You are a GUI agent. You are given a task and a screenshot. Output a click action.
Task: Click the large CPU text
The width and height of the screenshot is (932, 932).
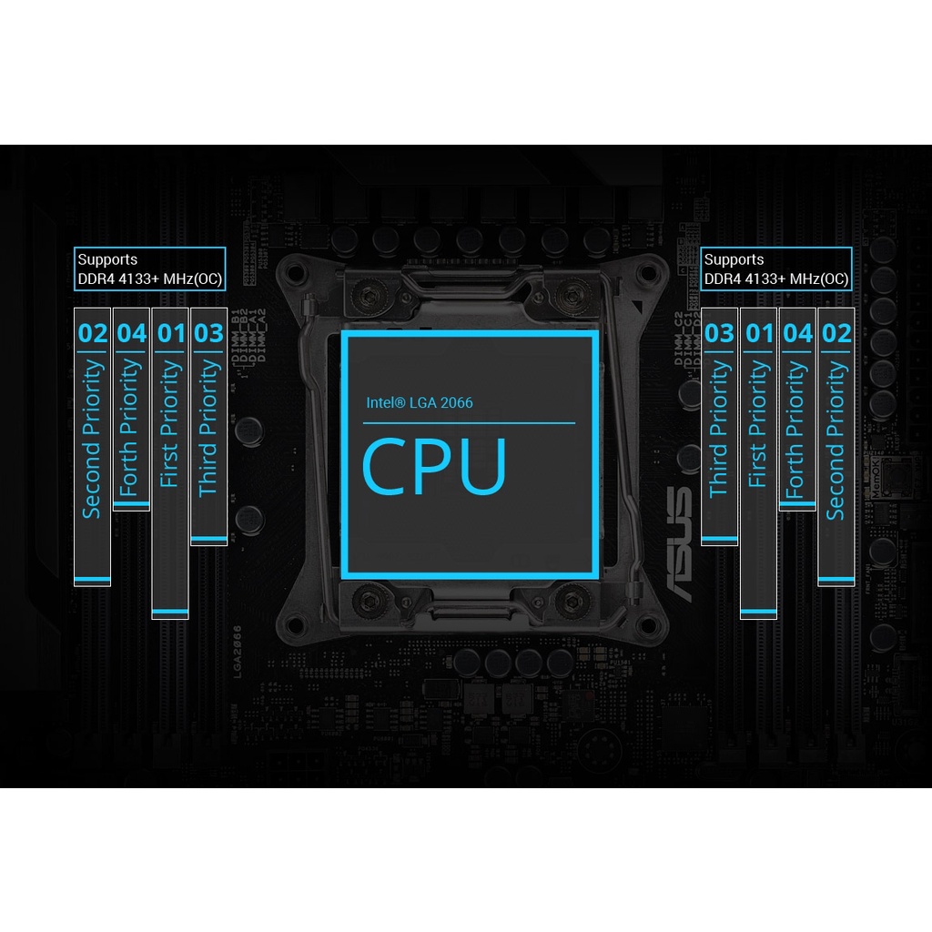(x=434, y=467)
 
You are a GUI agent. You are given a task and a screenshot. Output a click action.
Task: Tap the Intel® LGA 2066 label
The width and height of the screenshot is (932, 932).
(x=420, y=402)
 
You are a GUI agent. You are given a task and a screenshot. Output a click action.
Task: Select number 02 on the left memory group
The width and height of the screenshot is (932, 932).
(x=93, y=333)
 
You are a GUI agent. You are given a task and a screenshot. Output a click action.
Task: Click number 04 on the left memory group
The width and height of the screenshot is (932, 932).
(x=132, y=333)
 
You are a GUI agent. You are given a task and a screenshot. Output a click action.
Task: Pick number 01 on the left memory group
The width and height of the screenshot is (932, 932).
(x=171, y=333)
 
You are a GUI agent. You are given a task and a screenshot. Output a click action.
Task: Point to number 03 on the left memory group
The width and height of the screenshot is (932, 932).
(x=209, y=333)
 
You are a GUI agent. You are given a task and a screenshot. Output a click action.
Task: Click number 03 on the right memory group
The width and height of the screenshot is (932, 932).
(x=719, y=333)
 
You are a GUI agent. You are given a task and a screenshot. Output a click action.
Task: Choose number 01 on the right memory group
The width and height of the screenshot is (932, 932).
(x=758, y=333)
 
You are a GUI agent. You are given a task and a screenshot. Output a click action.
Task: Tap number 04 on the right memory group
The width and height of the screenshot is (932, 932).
(x=797, y=333)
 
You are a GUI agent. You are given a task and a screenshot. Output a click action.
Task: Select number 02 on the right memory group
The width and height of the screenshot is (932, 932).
(x=836, y=333)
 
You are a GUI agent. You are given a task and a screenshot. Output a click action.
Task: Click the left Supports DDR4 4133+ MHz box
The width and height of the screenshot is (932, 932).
(x=150, y=269)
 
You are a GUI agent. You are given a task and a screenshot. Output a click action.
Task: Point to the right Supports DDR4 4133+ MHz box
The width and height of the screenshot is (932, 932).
(x=776, y=269)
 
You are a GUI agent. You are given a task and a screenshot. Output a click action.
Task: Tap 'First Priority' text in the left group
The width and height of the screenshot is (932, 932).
(x=170, y=423)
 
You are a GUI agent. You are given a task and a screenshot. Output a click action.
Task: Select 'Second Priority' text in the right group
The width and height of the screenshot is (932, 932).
(x=836, y=441)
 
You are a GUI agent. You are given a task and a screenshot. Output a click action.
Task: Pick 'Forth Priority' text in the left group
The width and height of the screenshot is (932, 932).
(x=131, y=428)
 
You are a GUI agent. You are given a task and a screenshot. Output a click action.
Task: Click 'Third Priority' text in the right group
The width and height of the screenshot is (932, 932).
(x=719, y=428)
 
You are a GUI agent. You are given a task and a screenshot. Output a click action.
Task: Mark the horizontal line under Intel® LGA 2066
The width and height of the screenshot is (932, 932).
(x=469, y=423)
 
